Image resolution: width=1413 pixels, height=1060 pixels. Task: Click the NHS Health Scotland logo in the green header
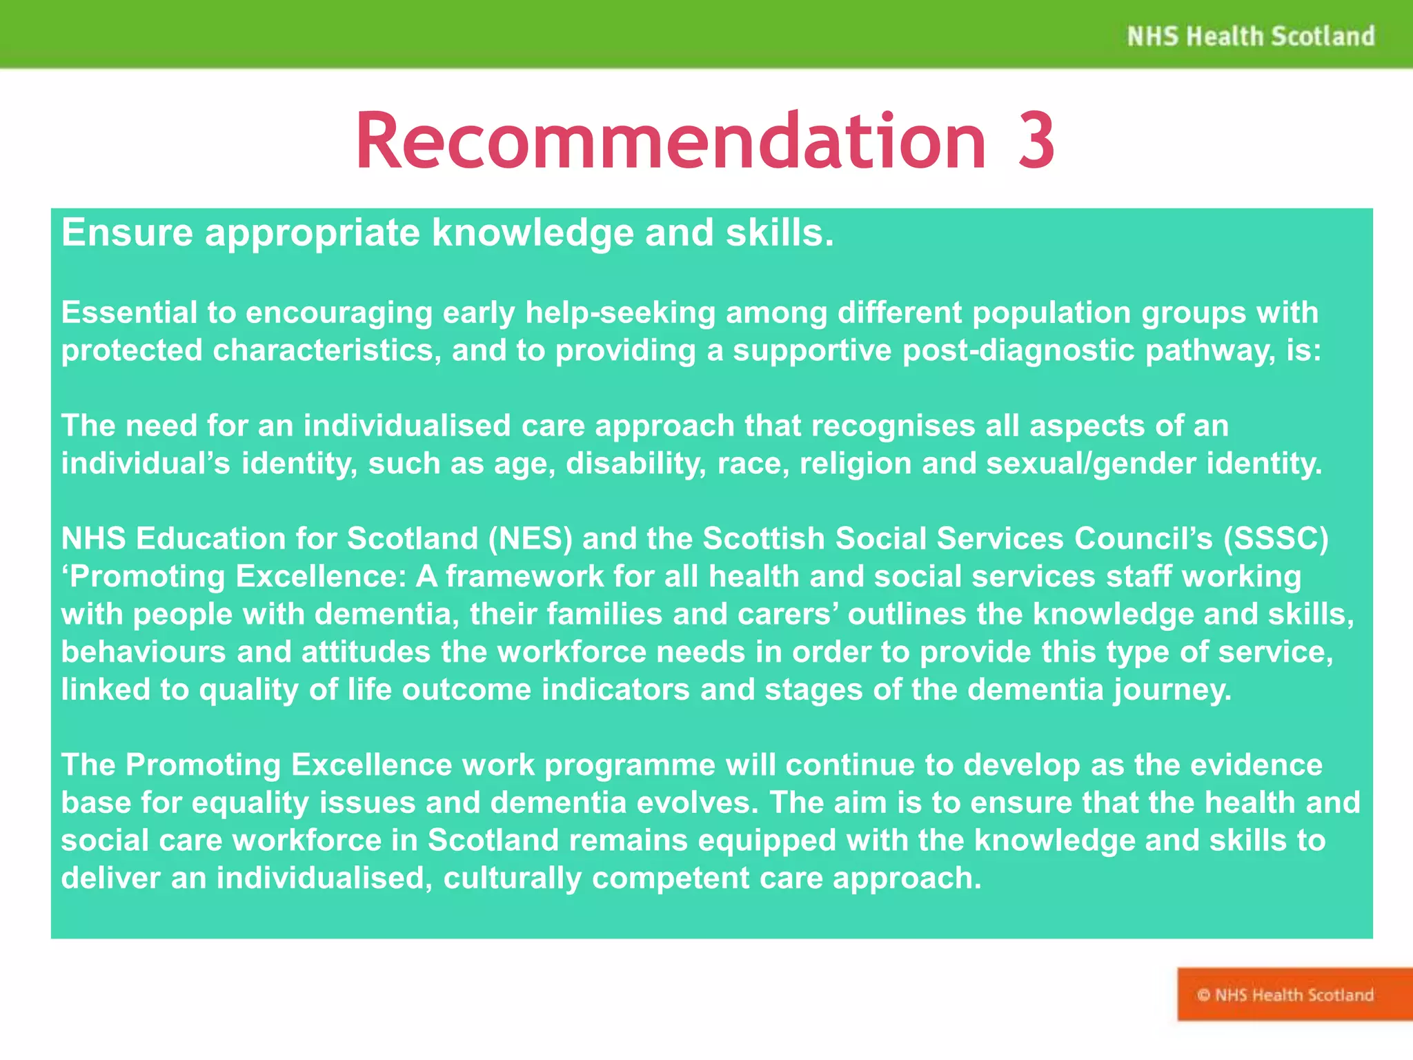pos(1250,36)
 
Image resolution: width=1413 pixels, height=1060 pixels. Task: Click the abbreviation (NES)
pos(530,539)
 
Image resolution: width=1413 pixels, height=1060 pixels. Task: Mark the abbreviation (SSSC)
pos(1276,539)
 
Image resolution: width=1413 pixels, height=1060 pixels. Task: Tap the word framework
pos(524,576)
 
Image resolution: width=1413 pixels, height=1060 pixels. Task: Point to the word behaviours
pos(144,651)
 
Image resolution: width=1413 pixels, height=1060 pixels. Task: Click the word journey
pos(1172,689)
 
